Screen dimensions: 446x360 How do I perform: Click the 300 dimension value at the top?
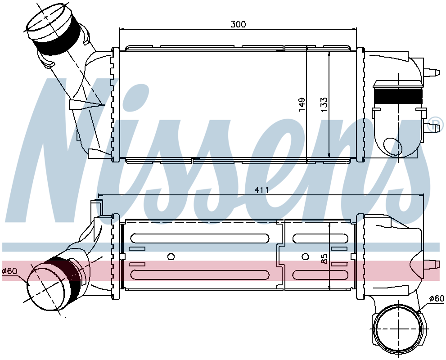pyautogui.click(x=238, y=24)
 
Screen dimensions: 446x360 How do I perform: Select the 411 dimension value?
pyautogui.click(x=261, y=190)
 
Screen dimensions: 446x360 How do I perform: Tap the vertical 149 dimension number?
pyautogui.click(x=302, y=104)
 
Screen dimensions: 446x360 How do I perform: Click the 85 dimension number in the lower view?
pyautogui.click(x=324, y=258)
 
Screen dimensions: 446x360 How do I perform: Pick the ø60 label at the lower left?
pyautogui.click(x=10, y=271)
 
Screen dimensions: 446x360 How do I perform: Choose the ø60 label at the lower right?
pyautogui.click(x=437, y=298)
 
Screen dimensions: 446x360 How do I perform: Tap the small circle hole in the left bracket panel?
pyautogui.click(x=171, y=256)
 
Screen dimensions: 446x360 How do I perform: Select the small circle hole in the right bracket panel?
pyautogui.click(x=305, y=256)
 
